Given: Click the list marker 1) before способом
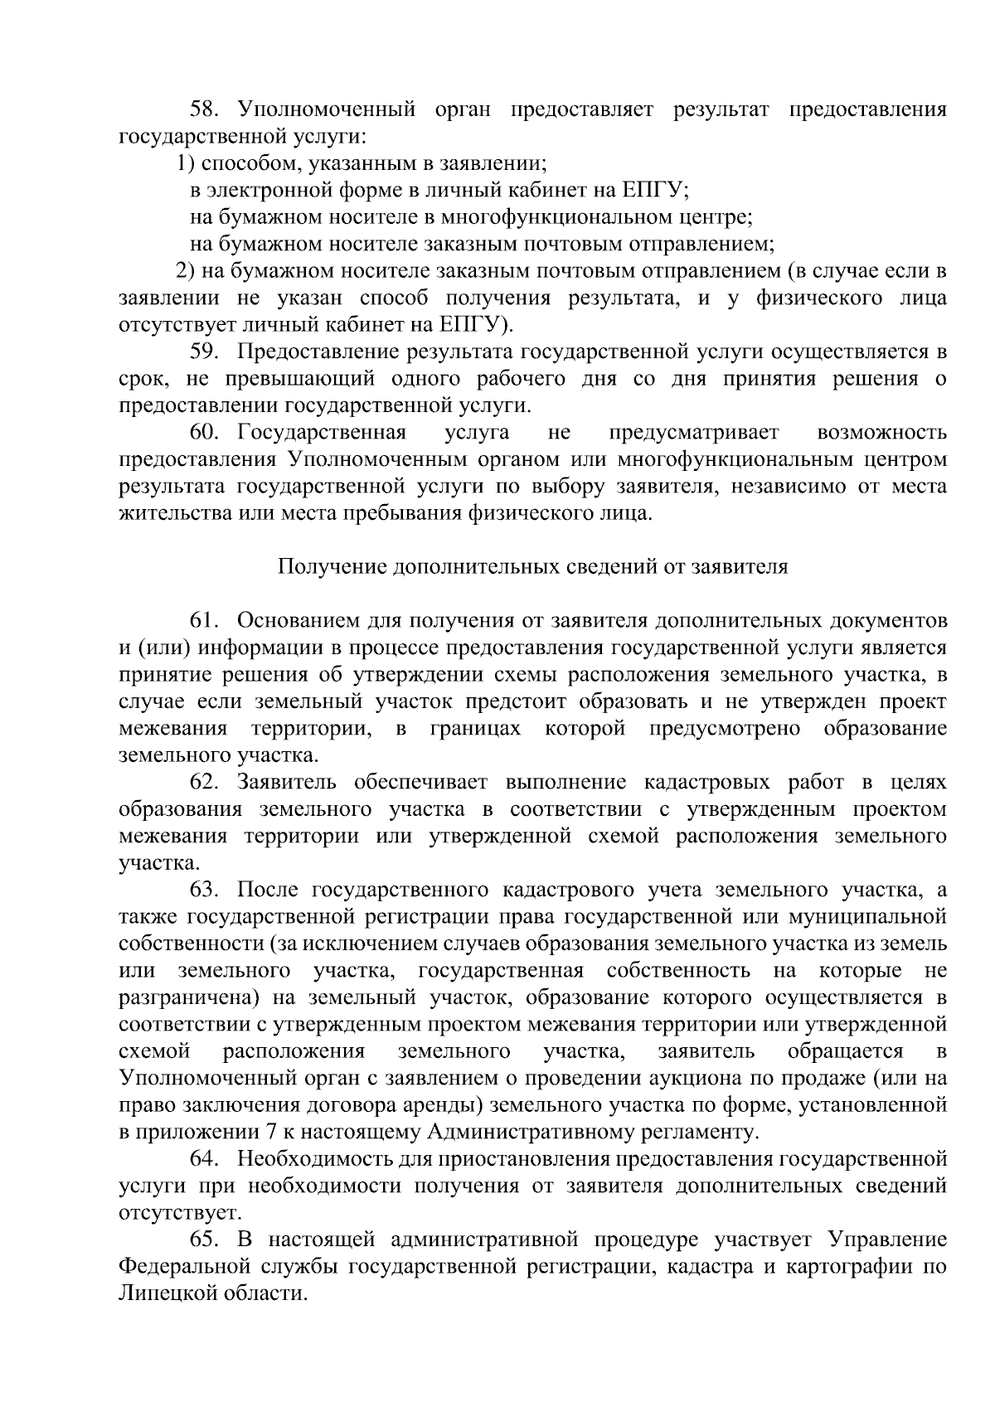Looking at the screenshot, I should (x=187, y=163).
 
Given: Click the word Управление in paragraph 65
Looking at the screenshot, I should (x=887, y=1240).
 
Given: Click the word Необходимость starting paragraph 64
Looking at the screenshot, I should (x=312, y=1159).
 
